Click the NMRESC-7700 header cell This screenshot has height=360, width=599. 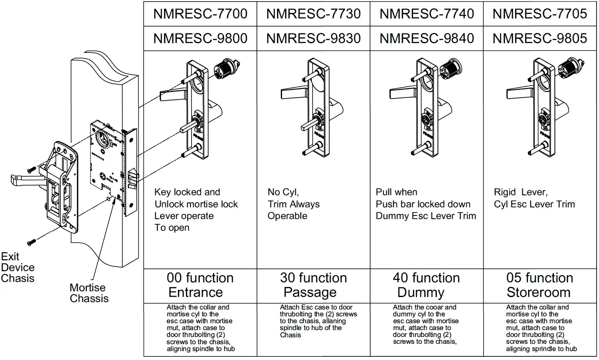pos(200,14)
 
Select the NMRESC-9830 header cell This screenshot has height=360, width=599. pos(313,39)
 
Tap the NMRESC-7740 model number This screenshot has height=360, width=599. pos(426,14)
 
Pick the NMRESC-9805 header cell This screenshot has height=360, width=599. pos(540,39)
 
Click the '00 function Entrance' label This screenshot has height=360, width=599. pos(200,285)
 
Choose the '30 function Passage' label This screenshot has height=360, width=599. pos(313,285)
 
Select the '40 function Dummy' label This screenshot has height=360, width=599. pos(426,285)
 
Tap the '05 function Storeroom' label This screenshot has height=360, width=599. pos(540,285)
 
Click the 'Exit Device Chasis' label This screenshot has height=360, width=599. pos(18,268)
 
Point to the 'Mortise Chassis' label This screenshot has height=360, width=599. pos(89,293)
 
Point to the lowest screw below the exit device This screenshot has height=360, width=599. pos(31,242)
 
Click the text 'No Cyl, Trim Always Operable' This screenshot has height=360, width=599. pos(293,204)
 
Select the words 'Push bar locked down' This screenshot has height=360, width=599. pos(423,204)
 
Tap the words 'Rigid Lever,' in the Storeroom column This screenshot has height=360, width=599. pos(520,193)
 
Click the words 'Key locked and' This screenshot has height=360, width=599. pos(187,193)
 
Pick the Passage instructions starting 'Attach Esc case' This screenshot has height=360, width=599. pos(318,321)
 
